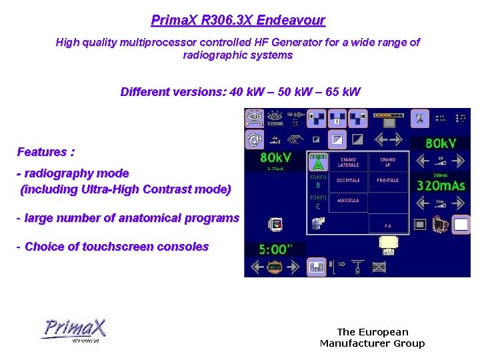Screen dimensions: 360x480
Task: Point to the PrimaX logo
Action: (x=73, y=330)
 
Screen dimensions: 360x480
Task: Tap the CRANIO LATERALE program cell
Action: (x=348, y=163)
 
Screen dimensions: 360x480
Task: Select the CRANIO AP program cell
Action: (x=387, y=163)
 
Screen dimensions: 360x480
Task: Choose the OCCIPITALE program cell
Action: (x=348, y=181)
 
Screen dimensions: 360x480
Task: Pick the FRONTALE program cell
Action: (x=387, y=181)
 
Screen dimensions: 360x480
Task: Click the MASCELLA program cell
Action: (x=348, y=201)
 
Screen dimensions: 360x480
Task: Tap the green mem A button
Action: (x=318, y=162)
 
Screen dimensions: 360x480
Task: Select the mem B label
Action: (x=318, y=181)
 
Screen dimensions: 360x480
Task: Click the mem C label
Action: (x=318, y=201)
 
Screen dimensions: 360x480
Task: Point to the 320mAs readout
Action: (x=441, y=185)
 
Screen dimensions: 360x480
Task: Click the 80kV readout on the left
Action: (x=275, y=158)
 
